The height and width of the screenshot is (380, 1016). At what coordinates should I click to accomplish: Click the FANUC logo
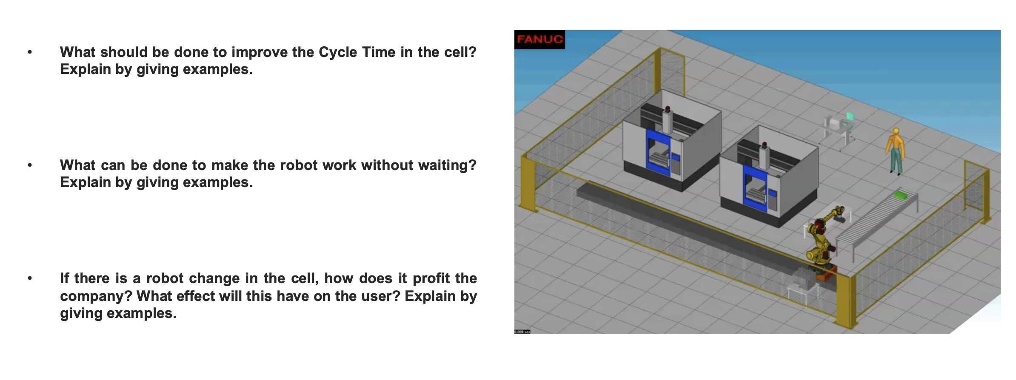click(539, 40)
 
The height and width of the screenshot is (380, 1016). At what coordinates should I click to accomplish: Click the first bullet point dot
click(30, 52)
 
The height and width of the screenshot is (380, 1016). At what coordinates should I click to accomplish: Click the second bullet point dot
click(30, 165)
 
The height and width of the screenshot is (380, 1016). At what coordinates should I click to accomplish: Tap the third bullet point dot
click(30, 278)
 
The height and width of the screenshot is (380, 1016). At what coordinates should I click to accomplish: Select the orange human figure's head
click(896, 131)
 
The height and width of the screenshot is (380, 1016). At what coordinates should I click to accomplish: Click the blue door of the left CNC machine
click(657, 151)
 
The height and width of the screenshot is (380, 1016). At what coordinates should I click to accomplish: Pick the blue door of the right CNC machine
click(754, 187)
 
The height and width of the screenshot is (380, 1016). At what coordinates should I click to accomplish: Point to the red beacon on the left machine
click(668, 108)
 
